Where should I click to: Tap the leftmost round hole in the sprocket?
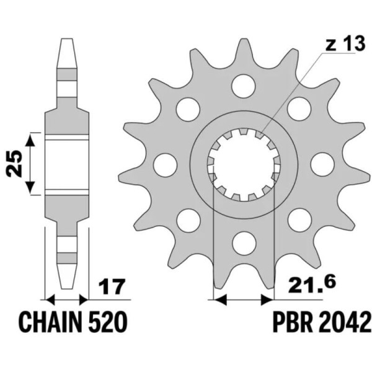pos(164,164)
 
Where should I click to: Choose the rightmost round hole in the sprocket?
pos(321,164)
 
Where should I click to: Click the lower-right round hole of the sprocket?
pos(299,218)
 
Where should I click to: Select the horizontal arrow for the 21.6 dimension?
pos(244,300)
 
